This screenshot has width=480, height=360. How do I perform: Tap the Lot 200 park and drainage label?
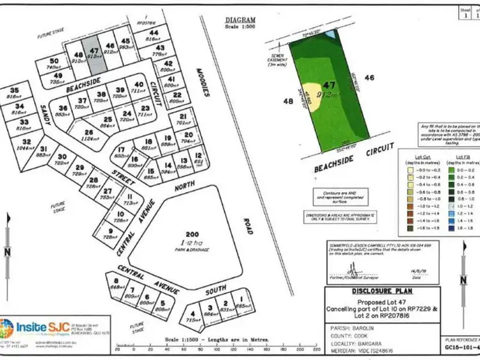coord(189,238)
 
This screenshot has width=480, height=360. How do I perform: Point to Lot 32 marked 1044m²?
coord(26,144)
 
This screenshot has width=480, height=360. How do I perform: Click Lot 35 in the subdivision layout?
coord(15,94)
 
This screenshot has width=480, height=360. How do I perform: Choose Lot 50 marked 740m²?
coord(54,64)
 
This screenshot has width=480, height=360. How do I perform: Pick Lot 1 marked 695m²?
coord(241,301)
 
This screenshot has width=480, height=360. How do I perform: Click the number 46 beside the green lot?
coord(369,78)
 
